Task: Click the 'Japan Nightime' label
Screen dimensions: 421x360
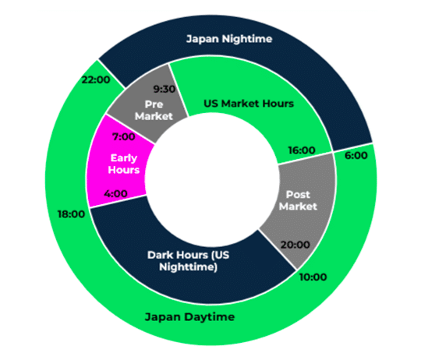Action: coord(229,39)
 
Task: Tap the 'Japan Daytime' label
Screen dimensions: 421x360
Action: coord(189,317)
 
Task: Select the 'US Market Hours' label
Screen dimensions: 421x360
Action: coord(249,104)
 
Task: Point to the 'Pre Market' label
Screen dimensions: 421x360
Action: coord(154,110)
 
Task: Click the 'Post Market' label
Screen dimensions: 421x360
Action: coord(298,200)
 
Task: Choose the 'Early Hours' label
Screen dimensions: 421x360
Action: coord(124,164)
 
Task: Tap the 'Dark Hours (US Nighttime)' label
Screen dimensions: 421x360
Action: coord(188,261)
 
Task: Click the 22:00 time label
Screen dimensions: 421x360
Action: coord(96,79)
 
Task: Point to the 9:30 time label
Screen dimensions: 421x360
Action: coord(165,89)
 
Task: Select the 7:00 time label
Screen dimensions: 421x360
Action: coord(124,137)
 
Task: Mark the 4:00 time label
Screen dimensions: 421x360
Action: coord(115,194)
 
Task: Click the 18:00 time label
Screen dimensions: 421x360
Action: coord(72,214)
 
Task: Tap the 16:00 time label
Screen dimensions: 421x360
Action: coord(302,150)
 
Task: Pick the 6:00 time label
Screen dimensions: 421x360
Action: coord(356,156)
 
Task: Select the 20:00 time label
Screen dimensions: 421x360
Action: coord(295,245)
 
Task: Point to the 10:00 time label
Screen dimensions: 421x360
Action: coord(313,277)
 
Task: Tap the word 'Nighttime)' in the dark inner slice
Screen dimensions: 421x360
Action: coord(188,267)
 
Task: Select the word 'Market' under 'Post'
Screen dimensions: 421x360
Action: coord(298,206)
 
